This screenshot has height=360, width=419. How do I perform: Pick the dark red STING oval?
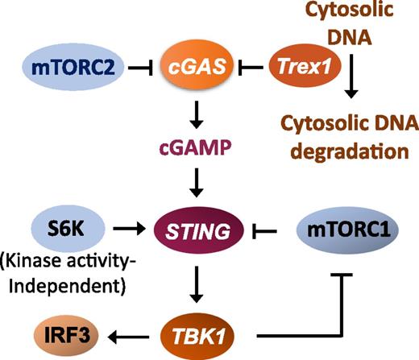193,230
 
